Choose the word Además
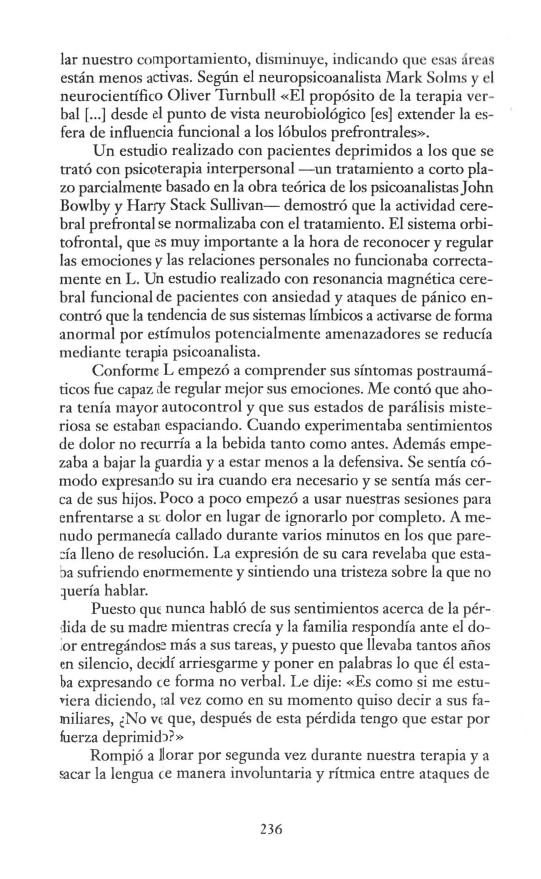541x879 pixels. (x=419, y=445)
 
